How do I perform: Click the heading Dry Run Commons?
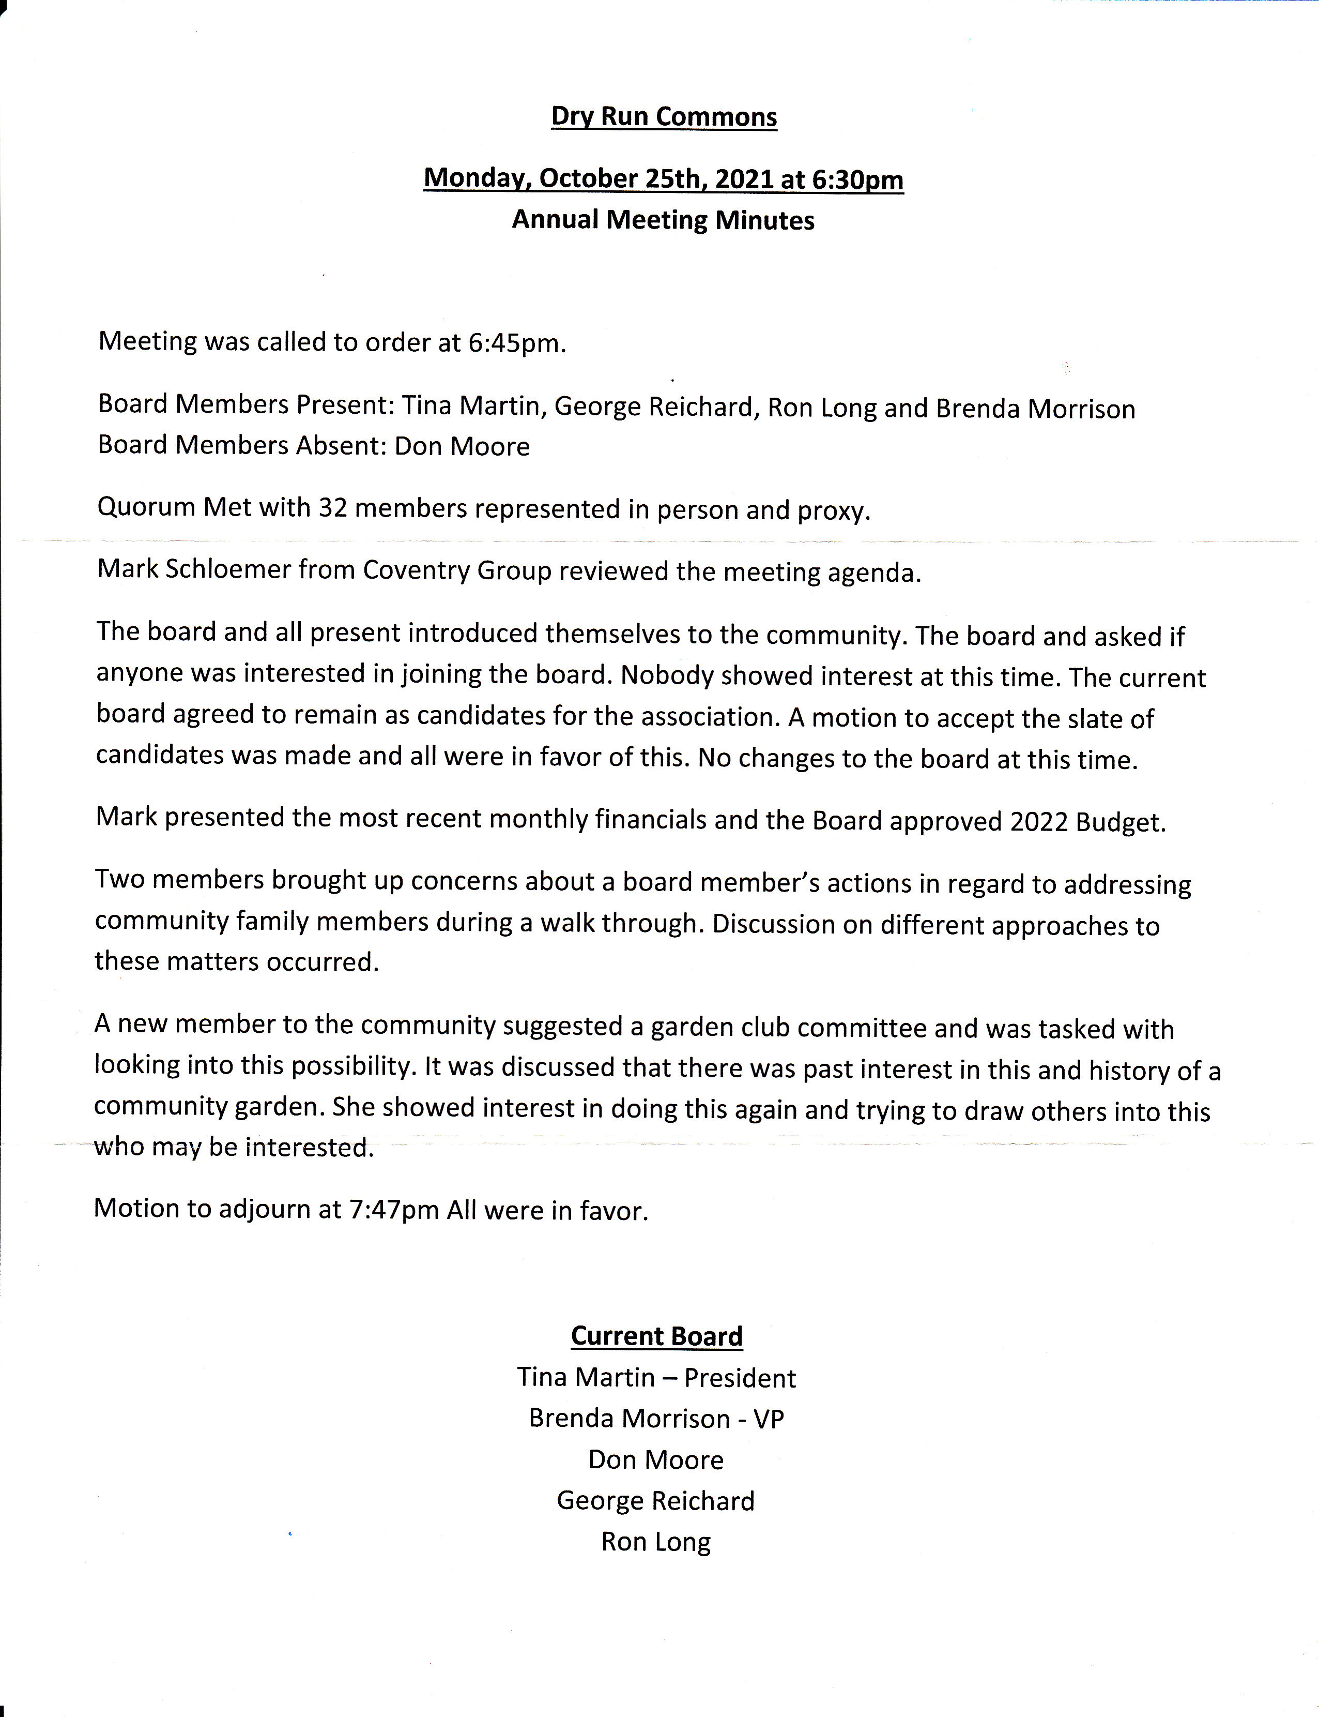coord(664,117)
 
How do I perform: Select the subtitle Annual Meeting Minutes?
coord(664,220)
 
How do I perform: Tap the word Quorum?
coord(146,507)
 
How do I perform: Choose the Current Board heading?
coord(656,1336)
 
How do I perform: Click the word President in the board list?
coord(740,1378)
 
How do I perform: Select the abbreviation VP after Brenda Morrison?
coord(768,1419)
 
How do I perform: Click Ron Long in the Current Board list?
coord(655,1542)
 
